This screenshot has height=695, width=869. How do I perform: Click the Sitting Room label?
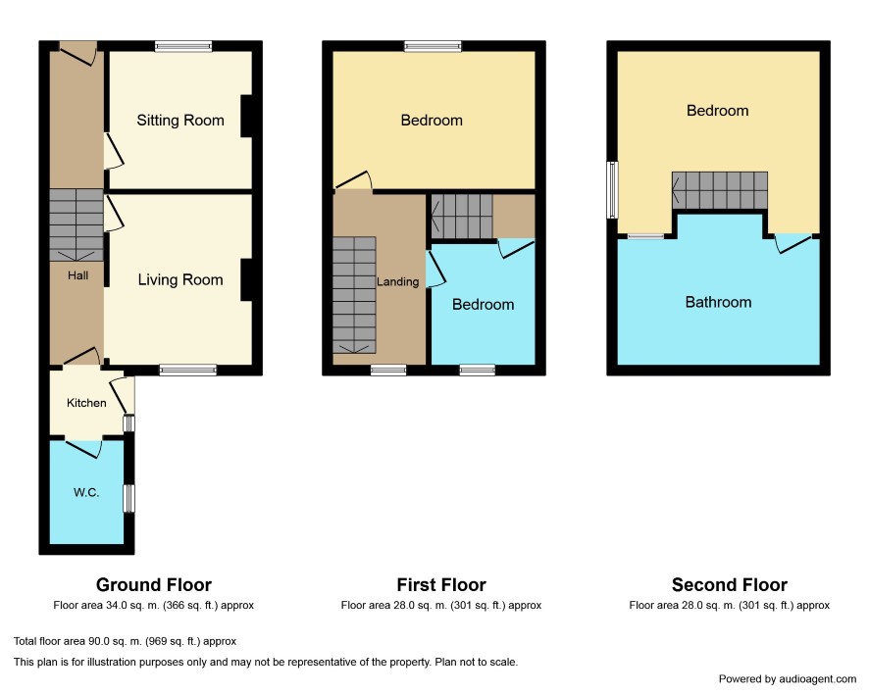pos(180,121)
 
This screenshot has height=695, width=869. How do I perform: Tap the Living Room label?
pos(180,280)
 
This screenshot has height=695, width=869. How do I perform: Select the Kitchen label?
pos(86,403)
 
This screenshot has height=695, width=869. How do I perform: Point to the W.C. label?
pos(86,492)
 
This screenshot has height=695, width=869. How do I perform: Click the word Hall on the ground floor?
pos(78,275)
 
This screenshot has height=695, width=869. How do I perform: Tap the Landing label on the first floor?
pos(398,282)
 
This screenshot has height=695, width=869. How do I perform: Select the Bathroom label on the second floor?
pos(718,302)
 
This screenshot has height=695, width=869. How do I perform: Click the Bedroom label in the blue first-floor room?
pos(484,304)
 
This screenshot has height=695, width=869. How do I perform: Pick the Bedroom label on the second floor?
pos(718,111)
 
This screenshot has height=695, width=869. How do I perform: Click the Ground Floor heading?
pos(154,585)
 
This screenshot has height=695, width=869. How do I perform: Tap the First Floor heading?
pos(441,585)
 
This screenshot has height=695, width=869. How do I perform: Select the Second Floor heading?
pos(730,585)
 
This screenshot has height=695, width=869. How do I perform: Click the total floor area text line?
pos(126,641)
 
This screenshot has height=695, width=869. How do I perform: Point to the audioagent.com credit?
pos(788,679)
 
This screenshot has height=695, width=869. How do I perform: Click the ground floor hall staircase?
pos(77,224)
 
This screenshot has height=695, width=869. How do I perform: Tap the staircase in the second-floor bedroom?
pos(720,190)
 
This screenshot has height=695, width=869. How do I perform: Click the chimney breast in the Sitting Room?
pos(246,117)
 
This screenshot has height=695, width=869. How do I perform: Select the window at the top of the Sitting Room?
pos(183,46)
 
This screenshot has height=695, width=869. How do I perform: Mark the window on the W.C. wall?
pos(129,498)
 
